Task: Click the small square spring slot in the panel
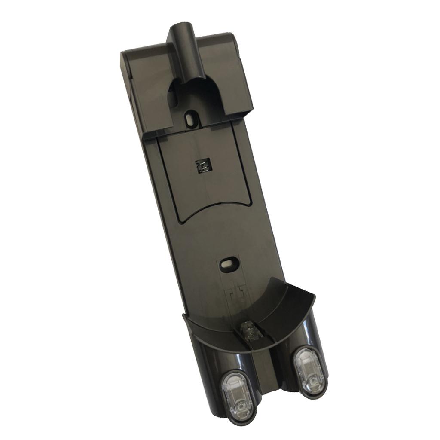(202, 165)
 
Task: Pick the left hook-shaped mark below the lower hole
(231, 295)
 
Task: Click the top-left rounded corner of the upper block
(125, 53)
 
